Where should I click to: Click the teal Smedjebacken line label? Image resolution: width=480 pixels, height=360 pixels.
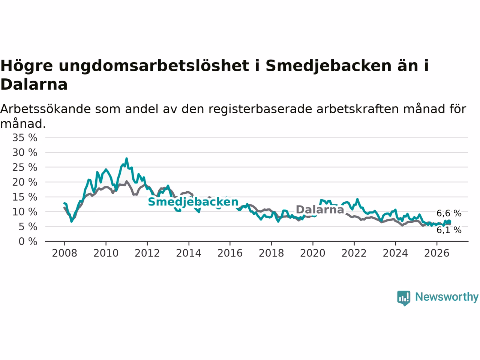[x=193, y=202]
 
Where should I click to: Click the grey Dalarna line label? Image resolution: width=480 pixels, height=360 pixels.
[x=320, y=210]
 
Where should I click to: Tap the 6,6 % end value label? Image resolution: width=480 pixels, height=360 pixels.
[x=449, y=213]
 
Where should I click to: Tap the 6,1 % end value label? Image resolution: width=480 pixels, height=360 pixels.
[x=449, y=230]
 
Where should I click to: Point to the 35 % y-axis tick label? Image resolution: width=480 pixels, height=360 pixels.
[x=25, y=138]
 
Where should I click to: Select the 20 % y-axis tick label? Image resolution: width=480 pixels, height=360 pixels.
[x=25, y=182]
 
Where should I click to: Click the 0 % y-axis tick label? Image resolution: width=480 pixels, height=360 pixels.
[x=28, y=241]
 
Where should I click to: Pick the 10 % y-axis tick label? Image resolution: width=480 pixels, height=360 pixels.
[x=25, y=212]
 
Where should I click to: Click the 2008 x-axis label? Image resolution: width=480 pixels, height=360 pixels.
[x=64, y=253]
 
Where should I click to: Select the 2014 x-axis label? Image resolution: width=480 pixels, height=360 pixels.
[x=189, y=253]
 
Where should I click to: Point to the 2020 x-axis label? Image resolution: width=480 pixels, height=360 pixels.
[x=313, y=253]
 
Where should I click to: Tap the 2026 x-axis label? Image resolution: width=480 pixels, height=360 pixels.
[x=437, y=253]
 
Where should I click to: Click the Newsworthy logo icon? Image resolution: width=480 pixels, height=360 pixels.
[x=403, y=298]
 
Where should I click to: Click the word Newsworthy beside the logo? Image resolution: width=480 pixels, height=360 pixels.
[x=447, y=297]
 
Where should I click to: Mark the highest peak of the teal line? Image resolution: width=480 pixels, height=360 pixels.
[x=127, y=159]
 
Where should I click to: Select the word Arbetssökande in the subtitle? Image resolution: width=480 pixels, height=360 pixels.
[x=45, y=109]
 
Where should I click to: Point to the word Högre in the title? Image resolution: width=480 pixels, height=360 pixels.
[x=27, y=66]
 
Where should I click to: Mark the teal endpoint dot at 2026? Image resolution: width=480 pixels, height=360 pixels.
[x=449, y=222]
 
